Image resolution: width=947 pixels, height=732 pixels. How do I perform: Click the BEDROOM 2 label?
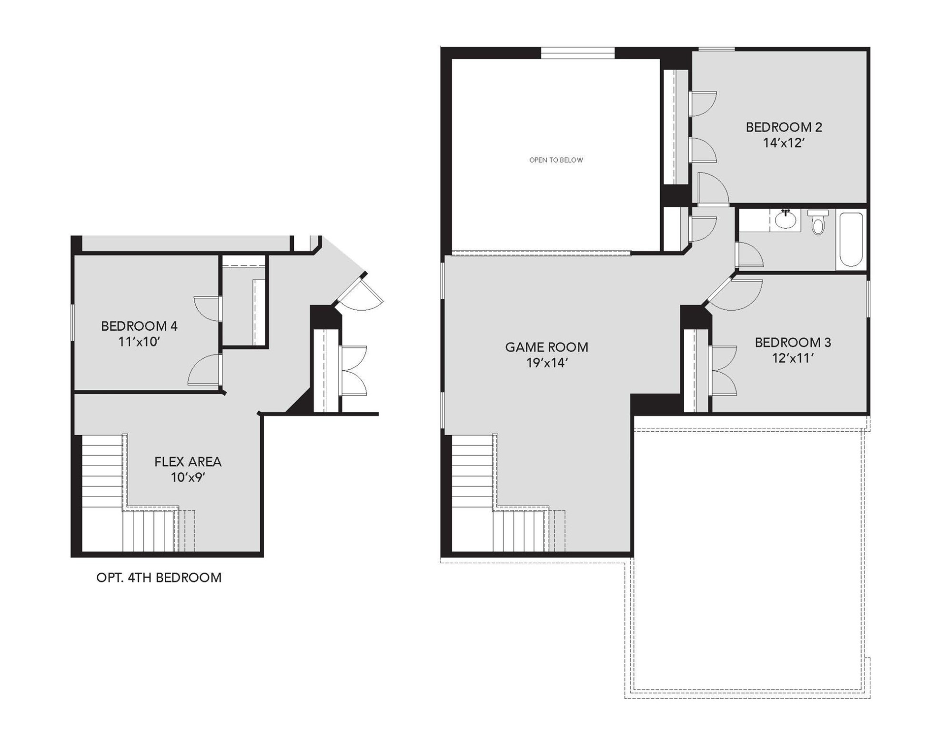pyautogui.click(x=784, y=127)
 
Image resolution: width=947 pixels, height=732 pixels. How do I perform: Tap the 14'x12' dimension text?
pyautogui.click(x=784, y=143)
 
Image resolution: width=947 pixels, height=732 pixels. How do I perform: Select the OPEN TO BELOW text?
pyautogui.click(x=556, y=160)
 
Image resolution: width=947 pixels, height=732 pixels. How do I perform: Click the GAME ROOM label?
pyautogui.click(x=546, y=347)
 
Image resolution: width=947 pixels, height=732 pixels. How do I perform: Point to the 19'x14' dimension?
pyautogui.click(x=546, y=363)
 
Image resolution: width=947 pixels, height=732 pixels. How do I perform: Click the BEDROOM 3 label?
pyautogui.click(x=793, y=343)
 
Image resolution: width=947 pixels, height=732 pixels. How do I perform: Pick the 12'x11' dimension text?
pyautogui.click(x=793, y=358)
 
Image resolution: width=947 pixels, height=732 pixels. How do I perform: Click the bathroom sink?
pyautogui.click(x=785, y=220)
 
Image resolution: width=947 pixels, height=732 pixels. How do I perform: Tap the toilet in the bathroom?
pyautogui.click(x=818, y=223)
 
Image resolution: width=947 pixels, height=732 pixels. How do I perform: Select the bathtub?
pyautogui.click(x=851, y=240)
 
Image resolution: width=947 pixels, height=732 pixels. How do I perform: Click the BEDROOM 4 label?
pyautogui.click(x=139, y=326)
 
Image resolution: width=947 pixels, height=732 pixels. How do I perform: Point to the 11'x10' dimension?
pyautogui.click(x=139, y=342)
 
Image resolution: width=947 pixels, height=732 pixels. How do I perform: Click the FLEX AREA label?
pyautogui.click(x=188, y=462)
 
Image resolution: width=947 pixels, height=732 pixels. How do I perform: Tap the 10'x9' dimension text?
pyautogui.click(x=188, y=478)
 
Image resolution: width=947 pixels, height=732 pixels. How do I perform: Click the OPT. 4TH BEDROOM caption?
pyautogui.click(x=159, y=578)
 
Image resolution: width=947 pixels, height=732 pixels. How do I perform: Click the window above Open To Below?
pyautogui.click(x=577, y=53)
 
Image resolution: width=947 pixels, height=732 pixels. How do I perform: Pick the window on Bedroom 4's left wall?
pyautogui.click(x=73, y=323)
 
